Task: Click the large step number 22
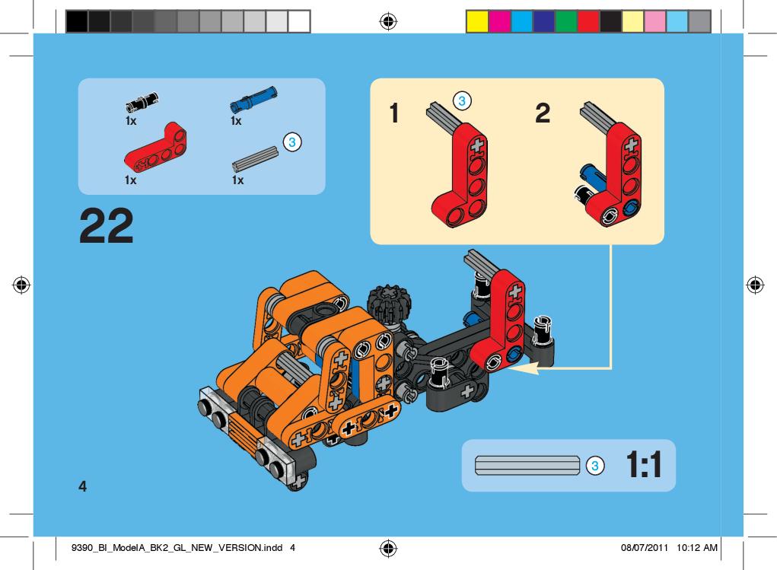tap(107, 225)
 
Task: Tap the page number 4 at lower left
tap(83, 486)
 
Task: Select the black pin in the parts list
tap(142, 102)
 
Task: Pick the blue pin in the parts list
tap(253, 99)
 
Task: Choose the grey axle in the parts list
tap(255, 158)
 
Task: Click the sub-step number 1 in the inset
tap(394, 113)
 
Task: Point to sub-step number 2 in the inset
tap(543, 113)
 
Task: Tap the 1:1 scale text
tap(644, 465)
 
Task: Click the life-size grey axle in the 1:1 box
tap(527, 466)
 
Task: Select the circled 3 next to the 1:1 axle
tap(595, 466)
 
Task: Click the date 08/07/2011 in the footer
tap(644, 548)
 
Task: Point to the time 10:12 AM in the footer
tap(697, 548)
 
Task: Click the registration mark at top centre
tap(388, 21)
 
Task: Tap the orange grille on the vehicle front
tap(244, 433)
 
